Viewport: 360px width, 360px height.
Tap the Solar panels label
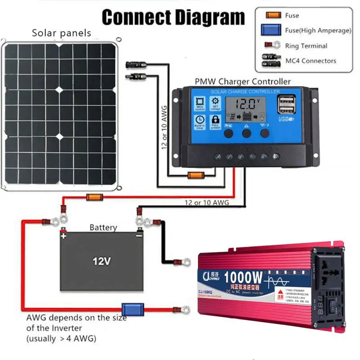pos(61,33)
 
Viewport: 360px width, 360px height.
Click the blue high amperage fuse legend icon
pos(271,30)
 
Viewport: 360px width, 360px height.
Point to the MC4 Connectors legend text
pos(310,61)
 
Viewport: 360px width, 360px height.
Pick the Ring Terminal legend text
pos(306,46)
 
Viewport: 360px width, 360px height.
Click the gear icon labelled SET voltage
pos(215,103)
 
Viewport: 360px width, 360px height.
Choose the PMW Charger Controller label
pos(243,82)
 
